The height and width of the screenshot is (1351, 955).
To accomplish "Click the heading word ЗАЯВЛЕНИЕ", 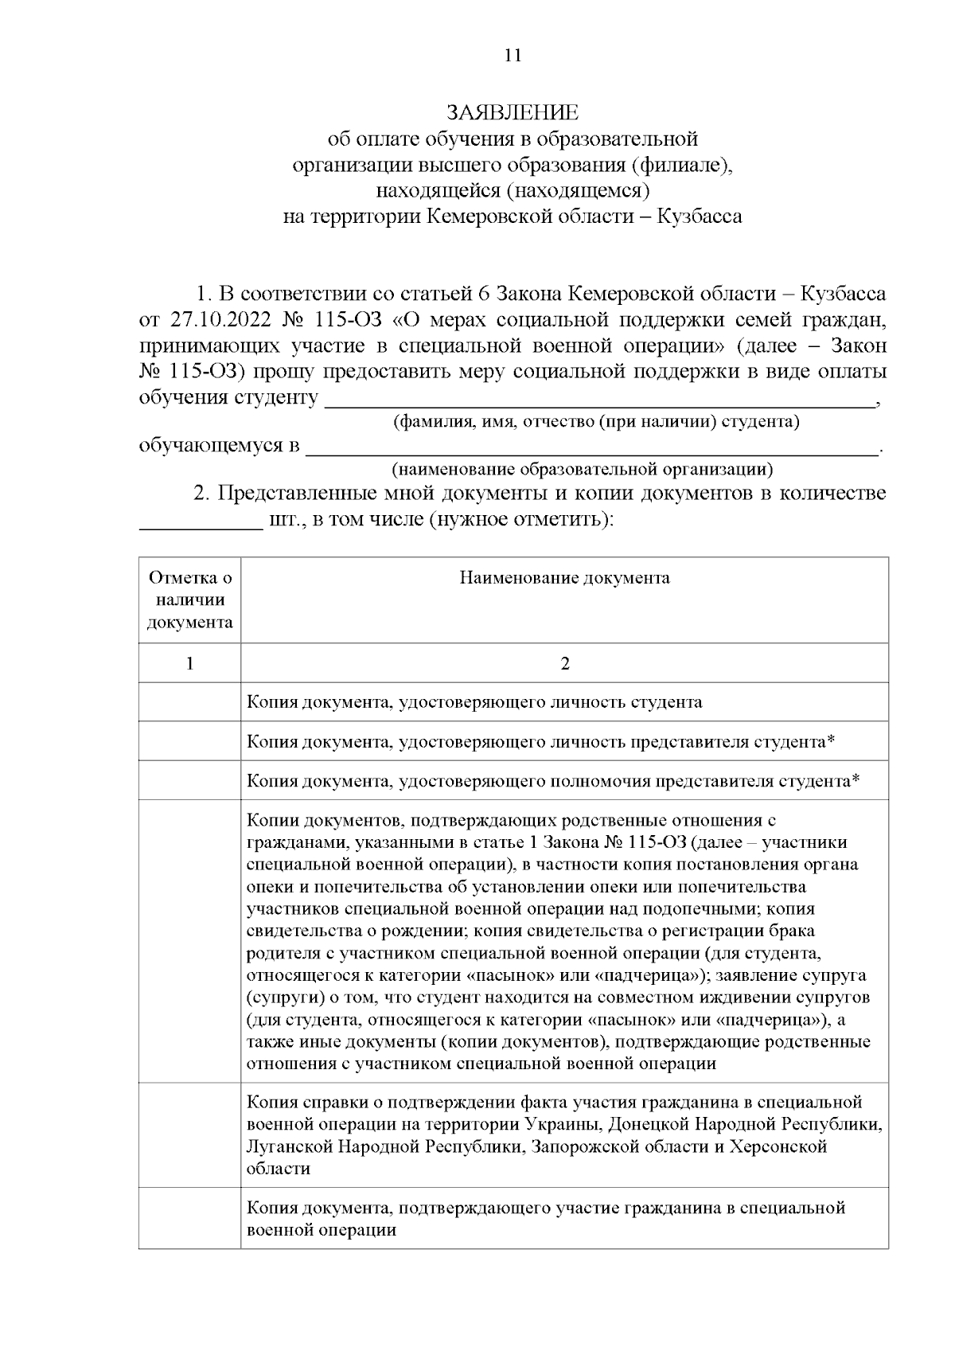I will [513, 112].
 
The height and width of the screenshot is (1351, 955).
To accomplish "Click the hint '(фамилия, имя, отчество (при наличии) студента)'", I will [596, 422].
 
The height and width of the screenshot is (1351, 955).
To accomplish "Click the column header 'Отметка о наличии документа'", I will [190, 599].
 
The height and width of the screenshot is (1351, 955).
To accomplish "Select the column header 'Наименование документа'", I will [564, 578].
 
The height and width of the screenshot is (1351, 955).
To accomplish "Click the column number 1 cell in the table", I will [190, 663].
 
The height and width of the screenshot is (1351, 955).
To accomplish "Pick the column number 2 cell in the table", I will [564, 663].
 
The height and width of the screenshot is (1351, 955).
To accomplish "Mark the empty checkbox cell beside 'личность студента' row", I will [190, 702].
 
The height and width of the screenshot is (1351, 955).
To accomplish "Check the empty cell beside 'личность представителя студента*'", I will [190, 741].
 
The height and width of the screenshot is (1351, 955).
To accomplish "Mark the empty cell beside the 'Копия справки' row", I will [190, 1134].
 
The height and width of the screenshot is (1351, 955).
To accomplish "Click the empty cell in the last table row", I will [190, 1218].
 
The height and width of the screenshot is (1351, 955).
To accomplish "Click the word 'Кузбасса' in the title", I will [700, 217].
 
